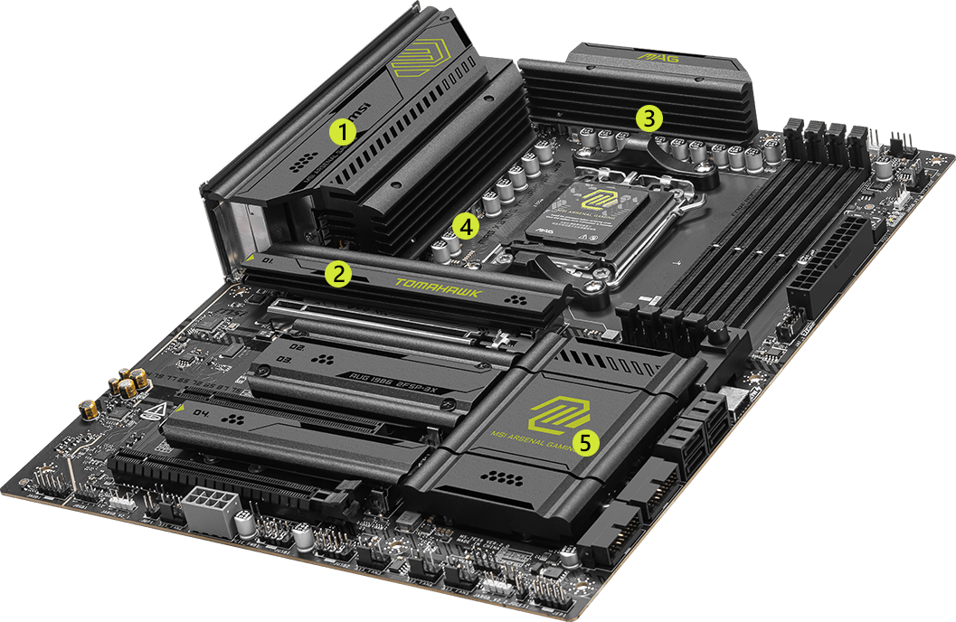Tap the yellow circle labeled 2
tap(337, 274)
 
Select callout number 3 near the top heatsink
tap(648, 118)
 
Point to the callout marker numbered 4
tap(465, 226)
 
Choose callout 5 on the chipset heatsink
tap(588, 442)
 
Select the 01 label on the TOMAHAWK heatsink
tap(268, 261)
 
